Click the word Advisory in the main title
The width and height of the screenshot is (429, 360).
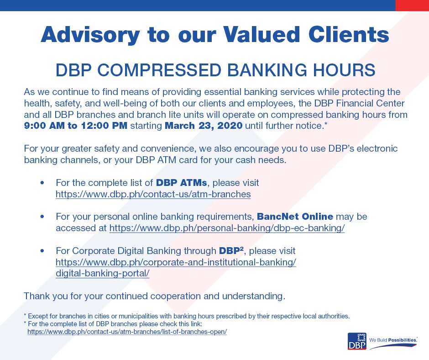tap(90, 35)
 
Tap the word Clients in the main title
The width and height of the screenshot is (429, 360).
tap(349, 34)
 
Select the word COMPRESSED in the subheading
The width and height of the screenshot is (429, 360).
tap(159, 70)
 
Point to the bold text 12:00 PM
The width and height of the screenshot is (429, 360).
tap(104, 126)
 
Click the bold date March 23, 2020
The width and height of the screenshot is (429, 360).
tap(204, 126)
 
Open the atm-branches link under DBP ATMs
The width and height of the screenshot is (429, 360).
tap(153, 194)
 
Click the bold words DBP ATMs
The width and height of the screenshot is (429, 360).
tap(181, 182)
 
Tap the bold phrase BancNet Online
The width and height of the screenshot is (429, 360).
tap(295, 217)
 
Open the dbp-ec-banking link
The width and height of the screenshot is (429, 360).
tap(227, 228)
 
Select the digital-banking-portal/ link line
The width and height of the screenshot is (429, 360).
tap(103, 273)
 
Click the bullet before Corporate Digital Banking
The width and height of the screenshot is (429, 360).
tap(42, 251)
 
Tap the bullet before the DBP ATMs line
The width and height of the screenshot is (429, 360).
tap(42, 183)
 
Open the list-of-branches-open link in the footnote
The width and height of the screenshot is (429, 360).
tap(127, 332)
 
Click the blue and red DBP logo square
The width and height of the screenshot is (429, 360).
tap(357, 341)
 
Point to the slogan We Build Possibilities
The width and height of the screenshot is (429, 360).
tap(393, 340)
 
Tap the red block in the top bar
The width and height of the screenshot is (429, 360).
tap(412, 5)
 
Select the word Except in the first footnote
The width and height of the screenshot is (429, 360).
tap(37, 316)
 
